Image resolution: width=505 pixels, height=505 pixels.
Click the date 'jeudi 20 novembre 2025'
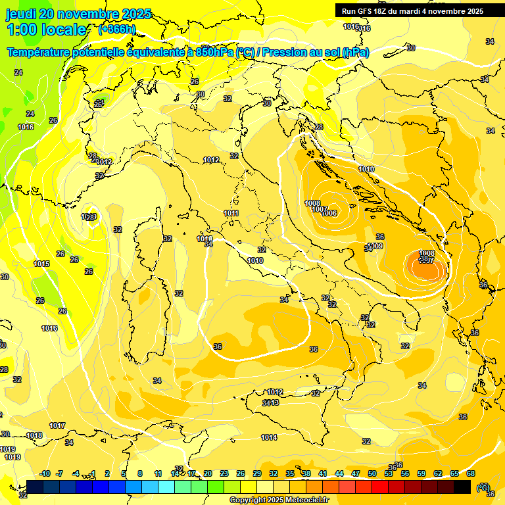[78, 14]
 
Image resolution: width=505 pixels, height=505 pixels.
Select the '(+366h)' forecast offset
[117, 29]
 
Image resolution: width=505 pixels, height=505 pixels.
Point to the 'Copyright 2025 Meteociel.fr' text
[280, 500]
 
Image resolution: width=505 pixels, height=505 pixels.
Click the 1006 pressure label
[329, 214]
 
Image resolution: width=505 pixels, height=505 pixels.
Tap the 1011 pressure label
[231, 213]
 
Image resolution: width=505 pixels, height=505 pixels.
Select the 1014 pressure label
[269, 437]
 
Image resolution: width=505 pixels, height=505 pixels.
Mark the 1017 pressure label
[57, 425]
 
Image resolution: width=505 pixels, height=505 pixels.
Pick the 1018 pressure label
[34, 435]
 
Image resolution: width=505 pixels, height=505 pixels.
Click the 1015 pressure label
[41, 264]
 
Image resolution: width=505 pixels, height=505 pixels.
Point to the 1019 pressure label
[13, 457]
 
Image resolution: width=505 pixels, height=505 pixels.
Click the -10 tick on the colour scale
[45, 473]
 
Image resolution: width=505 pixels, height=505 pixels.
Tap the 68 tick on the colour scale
[471, 473]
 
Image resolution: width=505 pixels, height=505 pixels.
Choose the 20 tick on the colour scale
[208, 473]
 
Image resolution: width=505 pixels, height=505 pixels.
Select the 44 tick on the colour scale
[339, 473]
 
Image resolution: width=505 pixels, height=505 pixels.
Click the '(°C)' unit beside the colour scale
[483, 487]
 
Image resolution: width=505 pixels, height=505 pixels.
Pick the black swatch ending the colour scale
[462, 487]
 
